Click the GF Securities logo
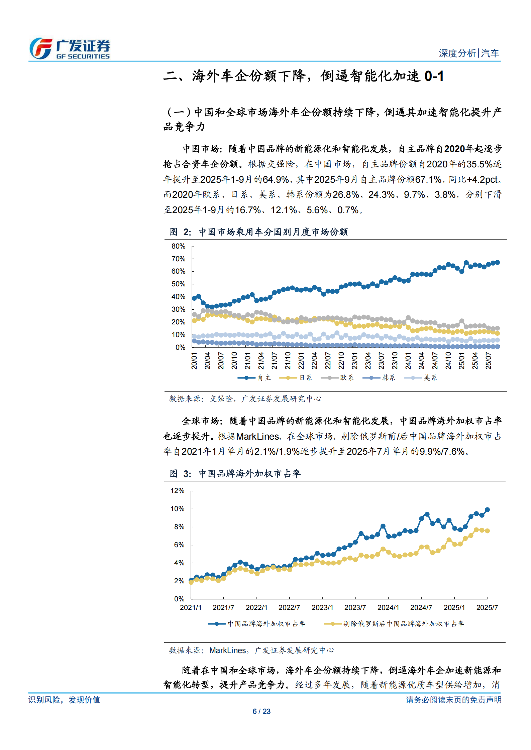point(70,48)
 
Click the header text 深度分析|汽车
point(469,53)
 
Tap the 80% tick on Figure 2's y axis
point(178,246)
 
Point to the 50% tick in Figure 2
point(178,284)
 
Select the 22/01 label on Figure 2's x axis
point(301,360)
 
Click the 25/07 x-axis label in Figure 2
point(488,360)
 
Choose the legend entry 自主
point(255,378)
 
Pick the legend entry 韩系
point(379,378)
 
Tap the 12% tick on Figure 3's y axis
point(177,491)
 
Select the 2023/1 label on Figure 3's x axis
point(322,608)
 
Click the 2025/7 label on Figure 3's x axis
point(487,608)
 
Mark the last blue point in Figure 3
point(487,510)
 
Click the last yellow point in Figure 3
point(487,531)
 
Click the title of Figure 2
point(258,232)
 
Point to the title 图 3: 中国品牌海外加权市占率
point(235,473)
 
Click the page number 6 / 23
point(261,711)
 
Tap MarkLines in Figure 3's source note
point(227,650)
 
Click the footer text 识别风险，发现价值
point(64,700)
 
